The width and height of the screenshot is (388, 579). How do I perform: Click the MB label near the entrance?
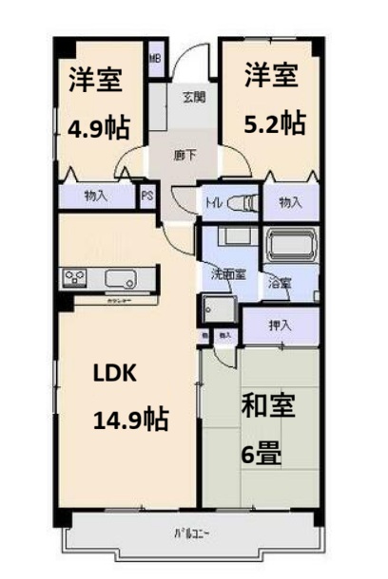point(155,60)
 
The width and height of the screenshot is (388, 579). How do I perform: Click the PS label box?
point(147,197)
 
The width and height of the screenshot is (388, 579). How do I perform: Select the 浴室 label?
point(279,283)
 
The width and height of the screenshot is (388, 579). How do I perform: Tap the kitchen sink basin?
point(121,279)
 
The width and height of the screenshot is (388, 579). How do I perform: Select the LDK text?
point(115,373)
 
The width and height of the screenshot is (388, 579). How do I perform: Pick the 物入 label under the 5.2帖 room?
point(290,202)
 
